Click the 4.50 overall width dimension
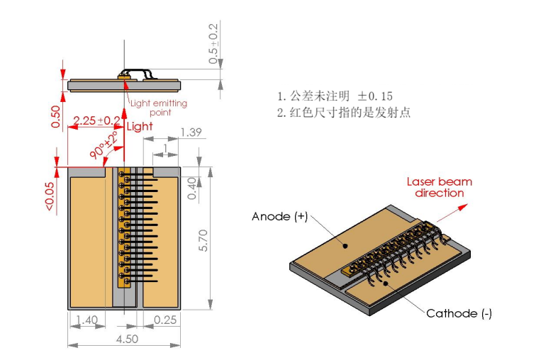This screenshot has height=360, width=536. click(127, 339)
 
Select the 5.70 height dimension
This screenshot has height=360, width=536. click(203, 242)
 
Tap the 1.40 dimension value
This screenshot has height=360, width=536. click(86, 320)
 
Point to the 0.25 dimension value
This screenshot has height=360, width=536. click(165, 320)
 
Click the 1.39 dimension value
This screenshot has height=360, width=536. click(191, 133)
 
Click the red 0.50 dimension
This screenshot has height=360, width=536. click(56, 116)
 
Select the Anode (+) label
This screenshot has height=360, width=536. click(279, 216)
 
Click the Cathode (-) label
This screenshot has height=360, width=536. click(459, 313)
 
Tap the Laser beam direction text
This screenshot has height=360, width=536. click(439, 187)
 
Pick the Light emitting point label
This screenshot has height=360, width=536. click(160, 108)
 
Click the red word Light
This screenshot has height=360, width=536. click(139, 127)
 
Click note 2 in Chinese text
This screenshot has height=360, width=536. click(344, 113)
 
